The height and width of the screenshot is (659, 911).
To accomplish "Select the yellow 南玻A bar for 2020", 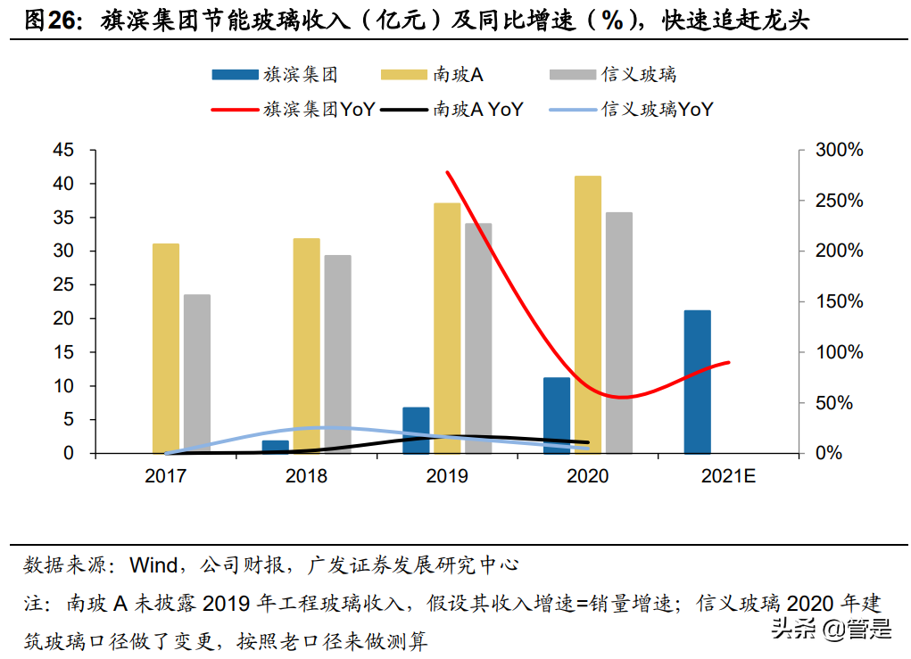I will [x=587, y=314].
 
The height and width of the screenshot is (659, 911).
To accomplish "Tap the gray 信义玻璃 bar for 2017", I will [x=197, y=374].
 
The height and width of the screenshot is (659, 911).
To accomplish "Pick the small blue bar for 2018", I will [x=275, y=446].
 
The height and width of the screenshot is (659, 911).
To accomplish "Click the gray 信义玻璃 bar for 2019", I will [x=478, y=338].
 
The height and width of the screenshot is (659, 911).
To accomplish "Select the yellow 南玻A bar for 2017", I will [x=166, y=348].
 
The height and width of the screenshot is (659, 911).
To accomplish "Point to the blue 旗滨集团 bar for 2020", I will [x=557, y=415].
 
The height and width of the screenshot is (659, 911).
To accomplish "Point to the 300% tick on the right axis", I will [x=840, y=150].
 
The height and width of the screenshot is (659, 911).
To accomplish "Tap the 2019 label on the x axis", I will [x=447, y=476].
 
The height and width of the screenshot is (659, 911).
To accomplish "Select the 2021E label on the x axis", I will [x=728, y=476].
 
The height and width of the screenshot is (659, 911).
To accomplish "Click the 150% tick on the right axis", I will [x=840, y=301].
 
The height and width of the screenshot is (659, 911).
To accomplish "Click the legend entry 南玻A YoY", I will [x=478, y=110].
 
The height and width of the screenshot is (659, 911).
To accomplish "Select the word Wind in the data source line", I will [x=153, y=565].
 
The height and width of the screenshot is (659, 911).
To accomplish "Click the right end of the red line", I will [x=729, y=362].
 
